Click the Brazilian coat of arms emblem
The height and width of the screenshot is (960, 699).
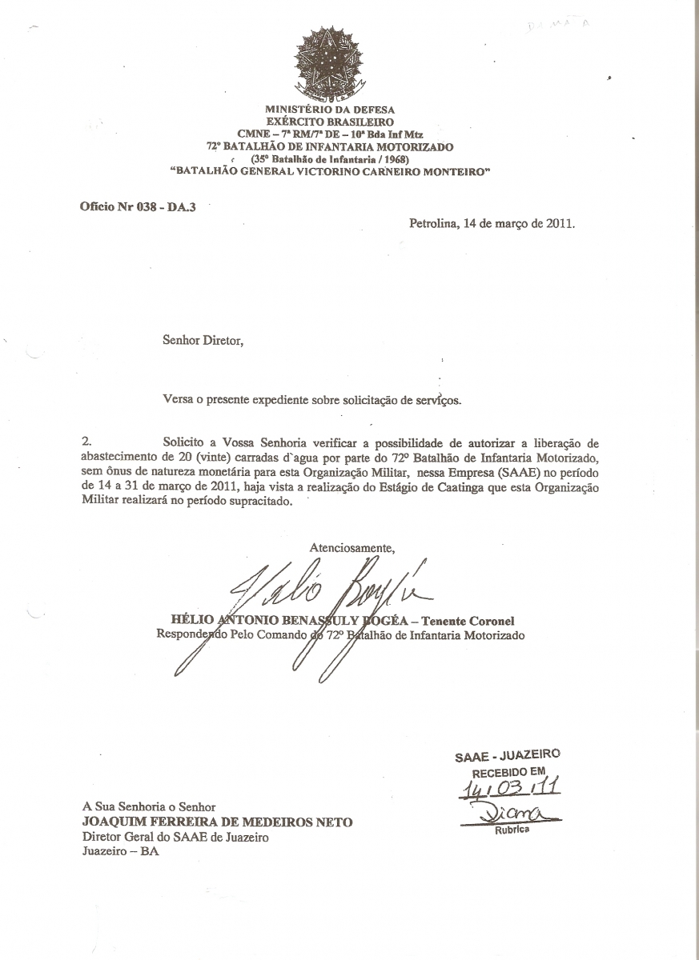[329, 63]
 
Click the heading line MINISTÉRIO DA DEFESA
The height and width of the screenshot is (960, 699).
[330, 110]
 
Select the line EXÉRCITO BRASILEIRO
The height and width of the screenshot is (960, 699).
[330, 122]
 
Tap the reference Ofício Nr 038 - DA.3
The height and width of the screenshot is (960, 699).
[138, 206]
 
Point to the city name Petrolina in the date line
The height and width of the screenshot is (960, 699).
[433, 224]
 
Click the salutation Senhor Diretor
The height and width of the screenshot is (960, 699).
[202, 341]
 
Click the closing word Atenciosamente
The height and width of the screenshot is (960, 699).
[352, 548]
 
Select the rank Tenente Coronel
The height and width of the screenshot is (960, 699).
[468, 620]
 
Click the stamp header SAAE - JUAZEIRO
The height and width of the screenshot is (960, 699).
[507, 755]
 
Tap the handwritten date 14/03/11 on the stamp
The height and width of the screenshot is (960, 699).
[509, 790]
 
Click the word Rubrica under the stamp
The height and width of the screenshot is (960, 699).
[510, 830]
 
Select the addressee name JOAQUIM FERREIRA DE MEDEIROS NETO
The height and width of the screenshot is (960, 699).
[217, 822]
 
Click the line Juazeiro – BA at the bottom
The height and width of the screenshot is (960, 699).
[120, 851]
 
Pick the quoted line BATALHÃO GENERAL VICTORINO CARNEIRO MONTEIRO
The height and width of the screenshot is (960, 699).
[330, 170]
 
